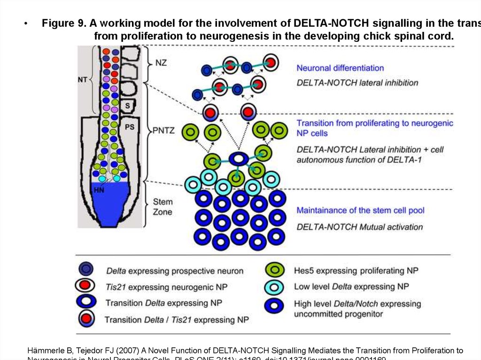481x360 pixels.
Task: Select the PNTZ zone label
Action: click(x=164, y=130)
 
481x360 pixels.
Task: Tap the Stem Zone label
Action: click(x=163, y=207)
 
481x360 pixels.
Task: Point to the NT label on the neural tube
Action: click(x=83, y=80)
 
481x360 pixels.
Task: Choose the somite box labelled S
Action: click(x=127, y=106)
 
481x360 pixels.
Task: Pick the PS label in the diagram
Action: click(x=130, y=127)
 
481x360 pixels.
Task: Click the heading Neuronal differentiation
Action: click(x=340, y=68)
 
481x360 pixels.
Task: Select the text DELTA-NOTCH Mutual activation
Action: click(x=359, y=227)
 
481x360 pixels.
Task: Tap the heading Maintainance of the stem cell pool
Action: click(x=360, y=210)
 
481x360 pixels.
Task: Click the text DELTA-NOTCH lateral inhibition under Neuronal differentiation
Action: click(x=357, y=83)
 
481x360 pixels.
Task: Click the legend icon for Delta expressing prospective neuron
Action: click(x=87, y=269)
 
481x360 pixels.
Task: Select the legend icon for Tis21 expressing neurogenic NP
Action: click(x=88, y=285)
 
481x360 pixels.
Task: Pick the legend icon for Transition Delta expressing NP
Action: click(x=88, y=302)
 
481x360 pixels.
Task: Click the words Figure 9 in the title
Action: click(x=62, y=23)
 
